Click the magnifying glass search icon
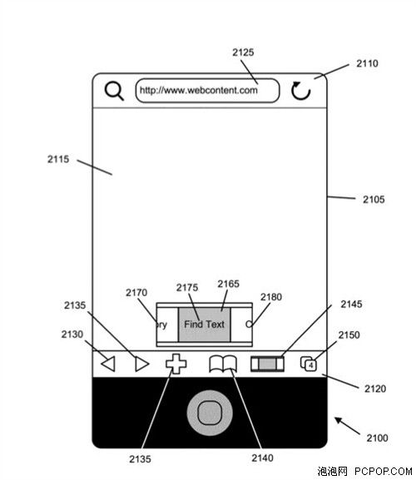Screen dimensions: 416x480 [114, 91]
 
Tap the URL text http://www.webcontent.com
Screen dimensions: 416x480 [199, 91]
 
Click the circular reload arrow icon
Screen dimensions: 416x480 [300, 91]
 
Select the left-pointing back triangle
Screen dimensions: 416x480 [108, 364]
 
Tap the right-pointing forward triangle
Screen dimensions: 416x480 [142, 364]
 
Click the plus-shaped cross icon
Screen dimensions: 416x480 [176, 364]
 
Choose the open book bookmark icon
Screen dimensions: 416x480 [223, 364]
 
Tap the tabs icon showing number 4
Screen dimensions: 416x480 [309, 364]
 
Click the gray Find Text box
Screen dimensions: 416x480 [204, 324]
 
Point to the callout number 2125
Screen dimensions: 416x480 [243, 52]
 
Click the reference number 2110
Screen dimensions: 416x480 [367, 63]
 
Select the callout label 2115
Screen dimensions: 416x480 [58, 159]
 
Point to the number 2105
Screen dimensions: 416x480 [374, 200]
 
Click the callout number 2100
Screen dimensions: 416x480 [377, 438]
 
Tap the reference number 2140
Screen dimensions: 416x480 [262, 458]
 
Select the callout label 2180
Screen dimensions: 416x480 [271, 297]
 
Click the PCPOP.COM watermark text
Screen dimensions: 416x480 [384, 471]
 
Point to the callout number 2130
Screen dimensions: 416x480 [72, 334]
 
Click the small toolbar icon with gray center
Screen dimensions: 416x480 [267, 364]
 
